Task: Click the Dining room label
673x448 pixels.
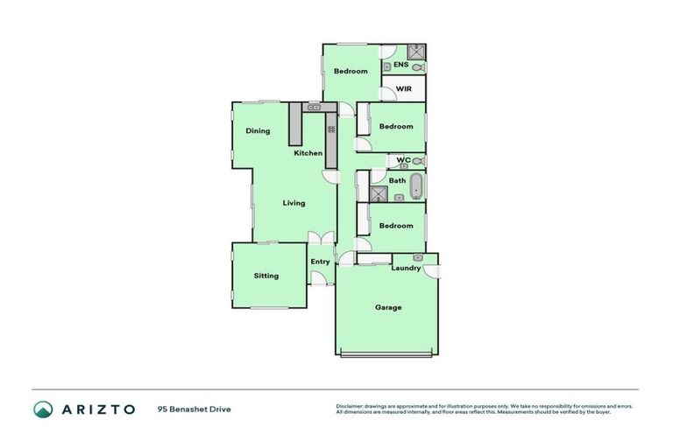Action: (258, 131)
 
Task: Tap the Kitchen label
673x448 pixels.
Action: (308, 153)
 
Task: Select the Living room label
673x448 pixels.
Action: (294, 203)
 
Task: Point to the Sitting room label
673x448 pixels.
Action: (266, 276)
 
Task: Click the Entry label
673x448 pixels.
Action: (320, 262)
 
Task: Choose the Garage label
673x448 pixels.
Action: (388, 307)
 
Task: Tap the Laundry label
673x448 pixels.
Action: (406, 268)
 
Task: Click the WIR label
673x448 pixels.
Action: (404, 89)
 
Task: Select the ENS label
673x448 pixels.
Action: (400, 65)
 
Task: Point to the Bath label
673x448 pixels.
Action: (397, 181)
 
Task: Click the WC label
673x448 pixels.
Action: (403, 159)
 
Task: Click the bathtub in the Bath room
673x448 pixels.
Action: (416, 185)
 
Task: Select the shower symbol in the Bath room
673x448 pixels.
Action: (379, 194)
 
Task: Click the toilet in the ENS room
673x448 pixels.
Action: (417, 66)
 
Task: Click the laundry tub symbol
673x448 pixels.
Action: (418, 258)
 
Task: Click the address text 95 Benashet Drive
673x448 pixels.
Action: (195, 409)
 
